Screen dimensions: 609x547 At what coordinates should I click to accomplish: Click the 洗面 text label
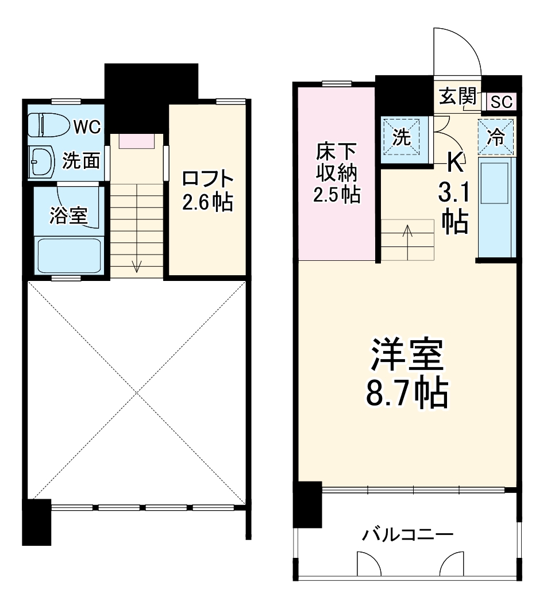point(81,161)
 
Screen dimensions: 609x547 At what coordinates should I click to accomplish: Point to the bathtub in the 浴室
point(69,256)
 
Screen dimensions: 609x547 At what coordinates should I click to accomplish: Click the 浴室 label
point(68,216)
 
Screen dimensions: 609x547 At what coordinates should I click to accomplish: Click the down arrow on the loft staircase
point(137,265)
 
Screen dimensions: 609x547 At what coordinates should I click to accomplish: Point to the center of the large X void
point(137,393)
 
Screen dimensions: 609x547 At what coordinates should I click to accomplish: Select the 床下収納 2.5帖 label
point(336,174)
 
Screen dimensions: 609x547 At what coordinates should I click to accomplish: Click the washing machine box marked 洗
point(405,137)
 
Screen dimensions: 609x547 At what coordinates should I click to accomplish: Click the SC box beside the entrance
point(502,102)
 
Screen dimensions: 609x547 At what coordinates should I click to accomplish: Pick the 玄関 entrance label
point(459,96)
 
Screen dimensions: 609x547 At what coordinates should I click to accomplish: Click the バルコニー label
point(407,535)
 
